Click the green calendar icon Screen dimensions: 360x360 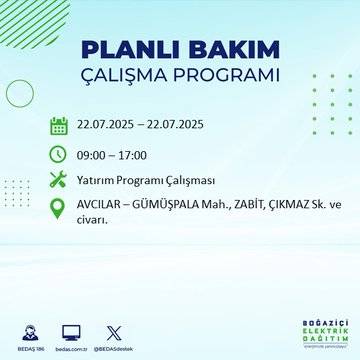tap(59, 126)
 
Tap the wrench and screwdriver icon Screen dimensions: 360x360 tap(59, 180)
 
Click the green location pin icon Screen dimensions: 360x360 tap(59, 208)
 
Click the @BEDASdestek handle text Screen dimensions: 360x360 tap(112, 344)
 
